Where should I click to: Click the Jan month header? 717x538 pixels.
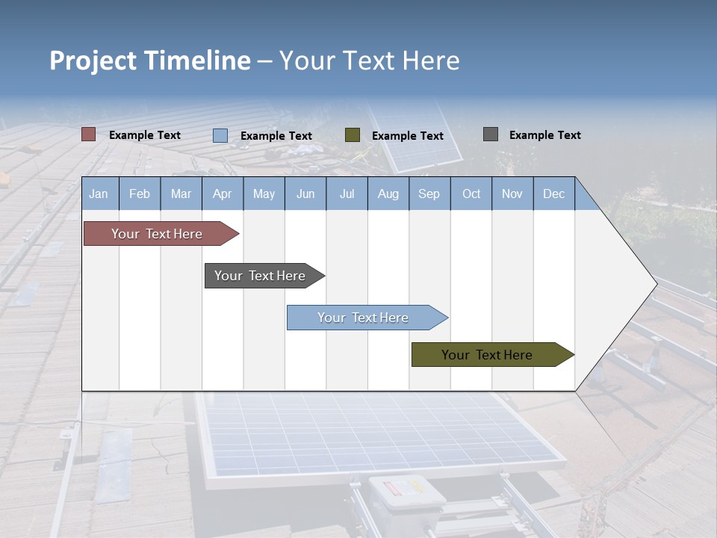tap(99, 194)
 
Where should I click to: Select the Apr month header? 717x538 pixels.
tap(222, 194)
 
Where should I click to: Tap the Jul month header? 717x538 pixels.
tap(347, 194)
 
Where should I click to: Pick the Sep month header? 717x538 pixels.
tap(429, 194)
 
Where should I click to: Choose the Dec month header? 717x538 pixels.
tap(553, 194)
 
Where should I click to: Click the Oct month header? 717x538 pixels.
tap(471, 194)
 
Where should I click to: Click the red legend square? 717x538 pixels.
tap(89, 134)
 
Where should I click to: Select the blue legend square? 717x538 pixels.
tap(220, 135)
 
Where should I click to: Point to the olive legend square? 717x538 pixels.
tap(353, 135)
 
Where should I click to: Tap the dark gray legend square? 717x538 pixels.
tap(491, 134)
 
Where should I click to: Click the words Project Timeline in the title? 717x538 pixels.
tap(149, 61)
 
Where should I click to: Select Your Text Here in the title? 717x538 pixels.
tap(369, 61)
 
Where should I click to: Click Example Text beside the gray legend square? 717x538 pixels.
tap(544, 134)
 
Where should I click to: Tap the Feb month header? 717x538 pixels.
tap(140, 194)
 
